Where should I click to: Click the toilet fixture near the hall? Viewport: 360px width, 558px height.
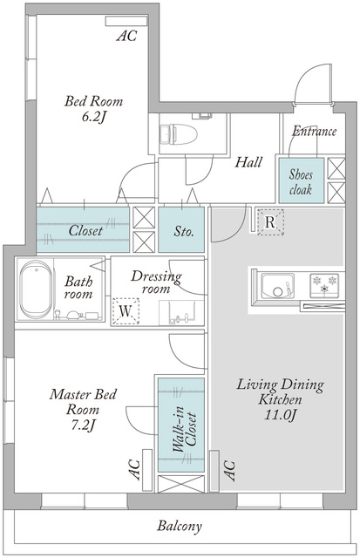point(179,134)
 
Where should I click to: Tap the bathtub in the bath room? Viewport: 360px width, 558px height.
point(36,289)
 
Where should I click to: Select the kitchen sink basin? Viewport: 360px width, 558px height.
point(277,286)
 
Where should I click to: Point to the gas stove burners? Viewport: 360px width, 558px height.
point(324,285)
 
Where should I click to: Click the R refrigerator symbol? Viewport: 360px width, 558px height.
point(270,222)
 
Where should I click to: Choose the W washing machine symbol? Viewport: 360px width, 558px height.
point(126,311)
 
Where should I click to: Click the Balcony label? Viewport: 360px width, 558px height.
point(180,526)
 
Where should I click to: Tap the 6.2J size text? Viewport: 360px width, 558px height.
point(93,117)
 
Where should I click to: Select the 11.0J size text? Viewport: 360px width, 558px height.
point(281,415)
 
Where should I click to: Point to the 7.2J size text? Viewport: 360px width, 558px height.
point(83,425)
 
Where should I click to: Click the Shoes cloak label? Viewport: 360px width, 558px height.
point(301,182)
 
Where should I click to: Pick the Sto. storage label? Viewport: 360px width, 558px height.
point(184,232)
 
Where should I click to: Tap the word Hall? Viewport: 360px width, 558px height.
point(248,162)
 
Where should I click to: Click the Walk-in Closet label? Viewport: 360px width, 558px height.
point(185,430)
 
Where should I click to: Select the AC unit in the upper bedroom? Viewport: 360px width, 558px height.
point(126,21)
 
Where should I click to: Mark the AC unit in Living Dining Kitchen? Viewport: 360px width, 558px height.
point(214,471)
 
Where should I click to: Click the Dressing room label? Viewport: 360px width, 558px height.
point(156,282)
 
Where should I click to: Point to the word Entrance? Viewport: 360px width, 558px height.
point(314,132)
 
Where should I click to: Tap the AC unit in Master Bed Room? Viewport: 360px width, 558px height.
point(147,470)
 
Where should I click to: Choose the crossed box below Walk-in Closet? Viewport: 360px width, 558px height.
point(181,484)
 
